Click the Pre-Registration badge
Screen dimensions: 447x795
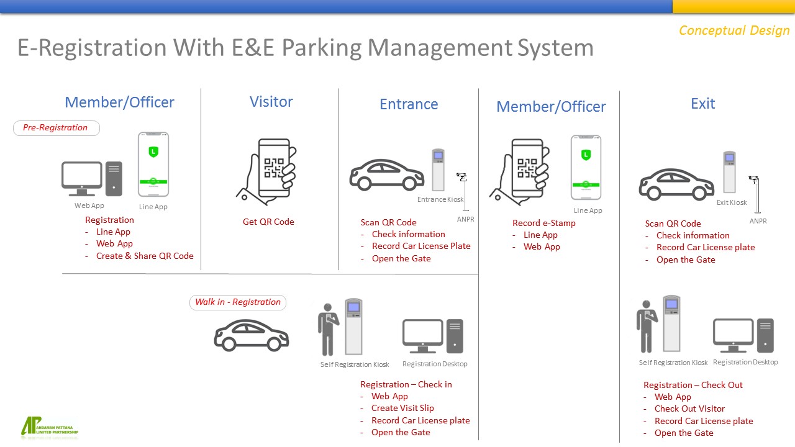click(x=56, y=128)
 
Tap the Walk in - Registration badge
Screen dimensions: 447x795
click(x=238, y=302)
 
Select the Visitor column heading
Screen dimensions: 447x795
click(x=271, y=102)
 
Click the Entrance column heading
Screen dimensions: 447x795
click(x=409, y=104)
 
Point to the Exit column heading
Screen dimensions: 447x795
click(x=702, y=104)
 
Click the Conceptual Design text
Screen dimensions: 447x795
click(x=734, y=30)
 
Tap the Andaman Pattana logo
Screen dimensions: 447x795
click(x=50, y=427)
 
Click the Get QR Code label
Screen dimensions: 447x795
click(x=268, y=222)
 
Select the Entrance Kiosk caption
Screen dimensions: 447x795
click(x=440, y=199)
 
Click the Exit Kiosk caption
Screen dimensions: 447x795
click(x=732, y=202)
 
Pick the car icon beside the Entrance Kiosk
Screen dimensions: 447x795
click(x=386, y=174)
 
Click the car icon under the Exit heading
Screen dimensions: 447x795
click(x=676, y=184)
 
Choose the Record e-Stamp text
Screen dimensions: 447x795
click(x=543, y=223)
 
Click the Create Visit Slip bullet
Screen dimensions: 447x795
click(x=402, y=408)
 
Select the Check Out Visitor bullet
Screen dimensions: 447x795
click(x=689, y=409)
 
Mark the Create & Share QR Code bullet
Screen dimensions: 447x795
click(x=145, y=256)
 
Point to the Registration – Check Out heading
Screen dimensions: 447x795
click(x=693, y=385)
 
